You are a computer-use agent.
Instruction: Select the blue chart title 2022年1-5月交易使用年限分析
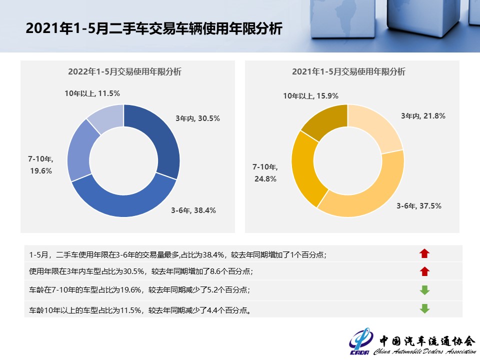tap(124, 71)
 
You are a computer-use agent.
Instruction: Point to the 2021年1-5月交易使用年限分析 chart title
tap(348, 71)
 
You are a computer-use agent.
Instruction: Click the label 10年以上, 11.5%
tap(92, 93)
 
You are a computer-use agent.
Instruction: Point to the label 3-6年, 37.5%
tap(419, 206)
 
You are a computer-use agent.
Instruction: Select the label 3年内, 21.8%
tap(423, 116)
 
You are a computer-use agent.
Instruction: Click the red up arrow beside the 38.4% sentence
tap(424, 254)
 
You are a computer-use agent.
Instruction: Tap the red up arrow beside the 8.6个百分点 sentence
tap(424, 271)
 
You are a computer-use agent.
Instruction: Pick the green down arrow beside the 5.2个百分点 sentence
tap(424, 290)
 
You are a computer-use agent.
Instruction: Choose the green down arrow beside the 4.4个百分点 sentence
tap(424, 308)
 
